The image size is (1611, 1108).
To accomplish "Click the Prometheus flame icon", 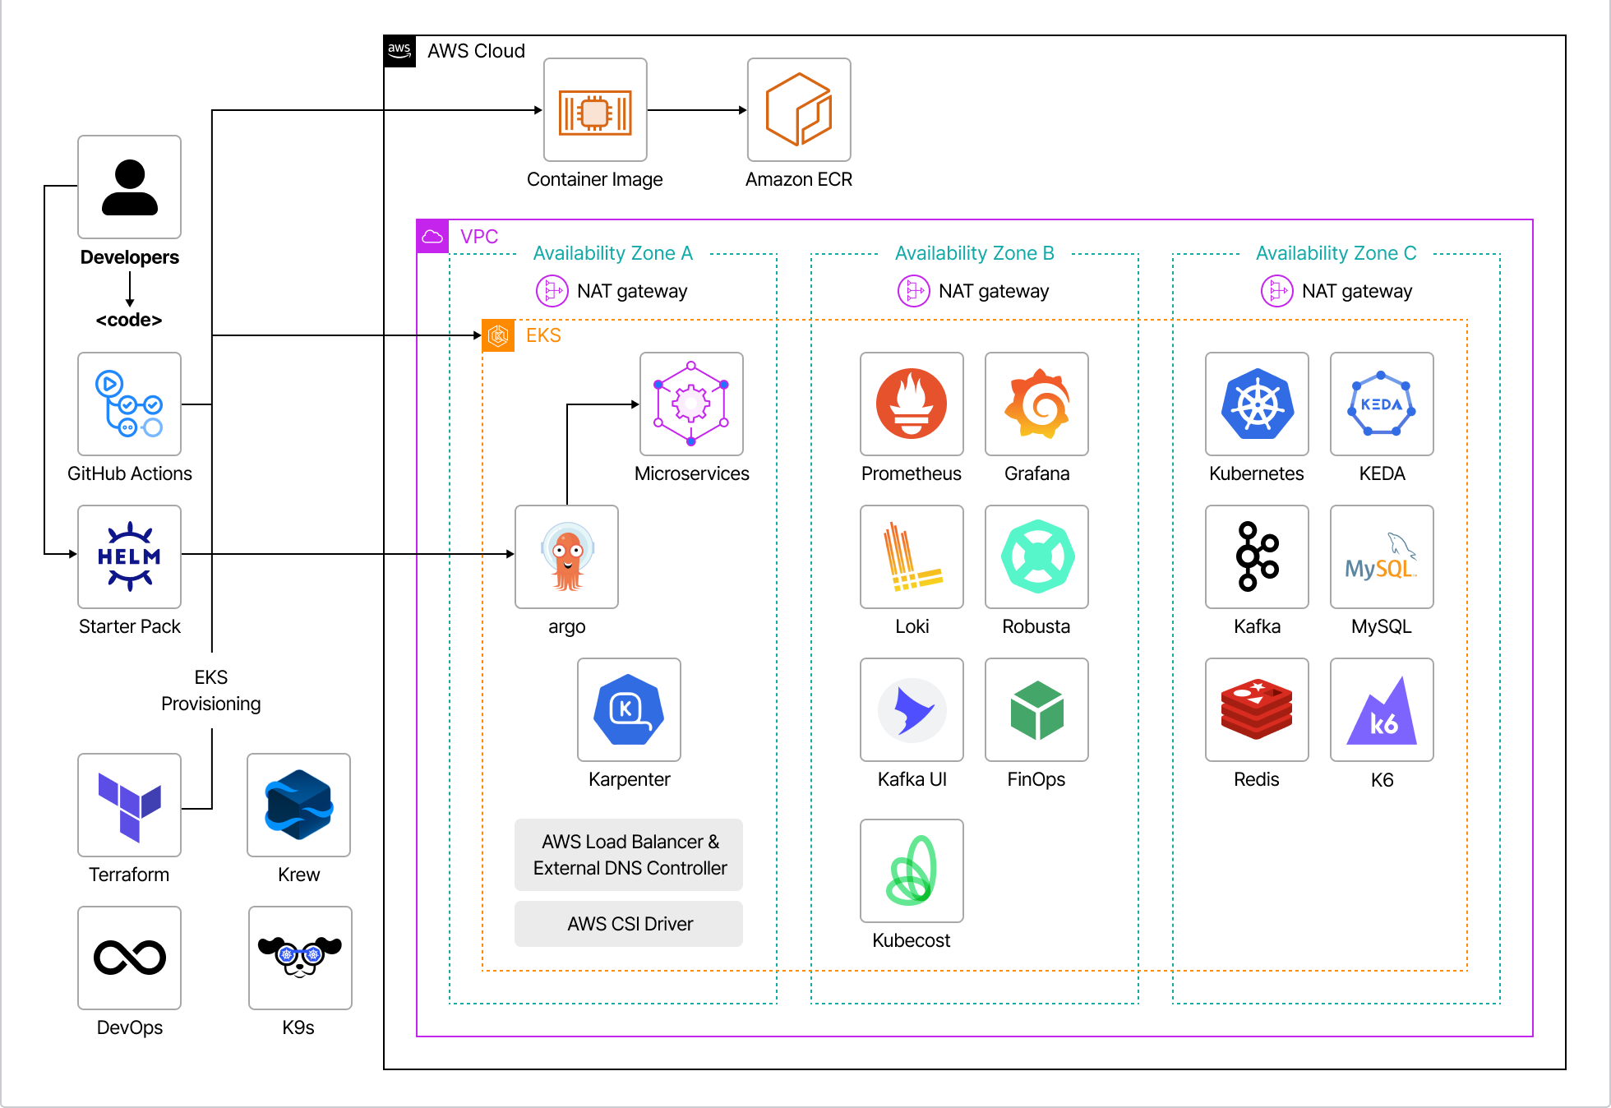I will pyautogui.click(x=912, y=404).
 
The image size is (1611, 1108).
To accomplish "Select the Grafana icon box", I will pyautogui.click(x=1036, y=404).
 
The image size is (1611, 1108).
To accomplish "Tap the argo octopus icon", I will pyautogui.click(x=566, y=556).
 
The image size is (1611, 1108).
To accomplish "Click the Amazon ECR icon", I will pyautogui.click(x=798, y=109).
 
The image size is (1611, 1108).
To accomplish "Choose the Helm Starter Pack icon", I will pyautogui.click(x=129, y=556).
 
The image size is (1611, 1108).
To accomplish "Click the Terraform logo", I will pyautogui.click(x=129, y=805).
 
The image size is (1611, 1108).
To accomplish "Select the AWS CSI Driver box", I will pyautogui.click(x=629, y=924).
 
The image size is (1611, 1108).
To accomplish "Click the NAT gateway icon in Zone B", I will pyautogui.click(x=913, y=291).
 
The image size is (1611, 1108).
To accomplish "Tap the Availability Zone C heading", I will pyautogui.click(x=1336, y=253).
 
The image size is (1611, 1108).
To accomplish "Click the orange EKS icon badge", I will pyautogui.click(x=498, y=335).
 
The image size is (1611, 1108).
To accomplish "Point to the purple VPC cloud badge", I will pyautogui.click(x=432, y=237).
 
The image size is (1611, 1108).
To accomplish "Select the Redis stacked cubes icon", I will pyautogui.click(x=1257, y=709).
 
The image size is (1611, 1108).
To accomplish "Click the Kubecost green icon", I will pyautogui.click(x=912, y=870).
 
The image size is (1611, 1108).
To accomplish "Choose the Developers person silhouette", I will pyautogui.click(x=129, y=187).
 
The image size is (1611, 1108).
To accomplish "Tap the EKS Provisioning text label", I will pyautogui.click(x=211, y=690).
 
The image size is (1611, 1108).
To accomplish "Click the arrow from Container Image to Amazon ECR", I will pyautogui.click(x=697, y=110).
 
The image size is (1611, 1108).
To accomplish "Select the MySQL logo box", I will pyautogui.click(x=1382, y=556).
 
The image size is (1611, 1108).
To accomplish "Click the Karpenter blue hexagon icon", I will pyautogui.click(x=629, y=709).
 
